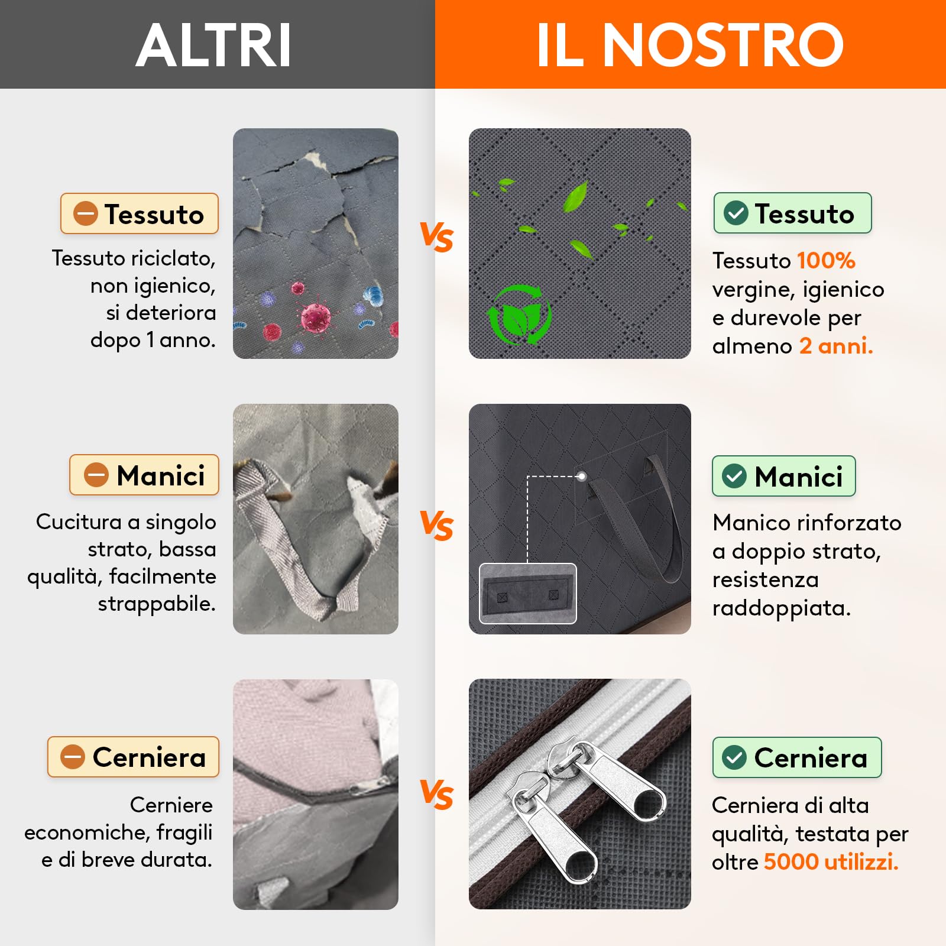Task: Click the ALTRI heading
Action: [x=213, y=46]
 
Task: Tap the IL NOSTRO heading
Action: [x=689, y=46]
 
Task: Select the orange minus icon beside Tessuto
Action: [x=85, y=213]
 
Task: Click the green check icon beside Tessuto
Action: [x=736, y=213]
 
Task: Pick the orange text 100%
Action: [x=826, y=261]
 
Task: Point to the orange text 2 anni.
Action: [x=836, y=346]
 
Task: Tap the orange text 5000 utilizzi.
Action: [x=831, y=862]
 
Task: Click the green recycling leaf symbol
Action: [x=519, y=315]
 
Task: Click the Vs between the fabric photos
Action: [x=436, y=238]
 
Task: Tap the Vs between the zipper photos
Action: [x=436, y=794]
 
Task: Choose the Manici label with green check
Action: [x=783, y=476]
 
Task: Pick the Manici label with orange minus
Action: [x=144, y=475]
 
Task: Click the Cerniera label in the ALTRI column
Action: [x=134, y=757]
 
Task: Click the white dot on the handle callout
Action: [x=582, y=476]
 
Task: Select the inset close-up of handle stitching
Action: [x=527, y=593]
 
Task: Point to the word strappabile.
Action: [x=157, y=604]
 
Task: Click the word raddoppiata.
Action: [x=781, y=608]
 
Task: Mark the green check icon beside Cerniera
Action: [x=734, y=757]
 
